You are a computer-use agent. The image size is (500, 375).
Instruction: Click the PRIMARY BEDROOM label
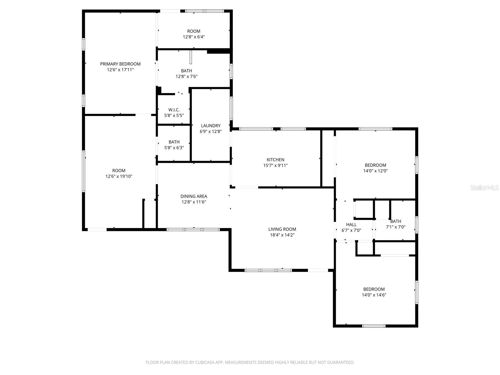[x=120, y=64]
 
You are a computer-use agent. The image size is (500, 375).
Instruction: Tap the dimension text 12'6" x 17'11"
[x=120, y=70]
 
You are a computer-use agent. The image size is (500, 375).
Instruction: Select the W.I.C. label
[x=174, y=110]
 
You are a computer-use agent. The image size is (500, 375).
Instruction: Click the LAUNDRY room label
[x=211, y=126]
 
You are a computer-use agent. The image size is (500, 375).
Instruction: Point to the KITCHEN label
[x=275, y=160]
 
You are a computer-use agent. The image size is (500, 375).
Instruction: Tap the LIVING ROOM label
[x=282, y=229]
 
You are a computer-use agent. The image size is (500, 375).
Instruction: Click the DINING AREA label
[x=194, y=196]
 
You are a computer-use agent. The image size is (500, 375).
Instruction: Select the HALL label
[x=351, y=224]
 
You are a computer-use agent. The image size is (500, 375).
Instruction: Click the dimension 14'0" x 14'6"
[x=374, y=295]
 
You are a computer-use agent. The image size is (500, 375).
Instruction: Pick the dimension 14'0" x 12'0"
[x=375, y=171]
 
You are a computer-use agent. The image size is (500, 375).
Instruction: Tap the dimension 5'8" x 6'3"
[x=174, y=147]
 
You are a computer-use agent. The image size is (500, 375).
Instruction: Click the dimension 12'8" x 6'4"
[x=194, y=37]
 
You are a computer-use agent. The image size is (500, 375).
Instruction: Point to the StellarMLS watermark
[x=484, y=187]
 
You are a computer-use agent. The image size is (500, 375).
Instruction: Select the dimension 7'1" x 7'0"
[x=396, y=227]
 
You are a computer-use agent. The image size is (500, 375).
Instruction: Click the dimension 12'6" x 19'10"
[x=119, y=176]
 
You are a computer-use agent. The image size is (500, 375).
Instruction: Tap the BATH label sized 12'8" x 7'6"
[x=187, y=71]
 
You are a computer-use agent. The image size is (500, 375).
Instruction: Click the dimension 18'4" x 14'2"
[x=282, y=235]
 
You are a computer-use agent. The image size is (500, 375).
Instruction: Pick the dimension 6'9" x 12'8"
[x=211, y=132]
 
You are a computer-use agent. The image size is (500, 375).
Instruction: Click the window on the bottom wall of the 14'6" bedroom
[x=374, y=326]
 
